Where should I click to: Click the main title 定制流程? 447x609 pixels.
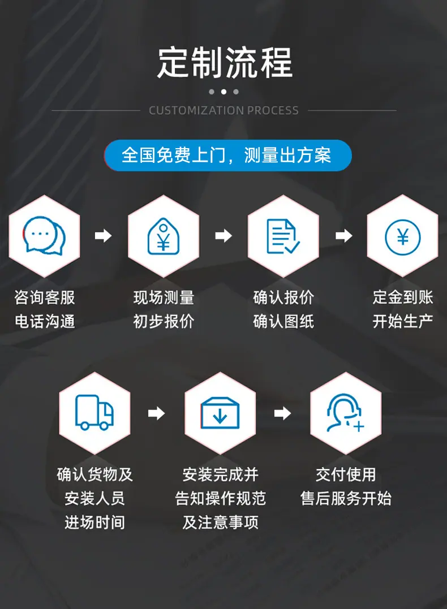coord(225,63)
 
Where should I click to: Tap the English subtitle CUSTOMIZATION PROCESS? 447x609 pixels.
coord(224,111)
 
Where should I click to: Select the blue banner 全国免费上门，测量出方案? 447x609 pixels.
coord(228,156)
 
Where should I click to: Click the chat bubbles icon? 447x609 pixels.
coord(44,235)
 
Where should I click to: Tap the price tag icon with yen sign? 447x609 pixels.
coord(164,236)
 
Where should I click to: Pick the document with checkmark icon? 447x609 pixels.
coord(283,236)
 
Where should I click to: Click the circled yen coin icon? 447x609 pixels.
coord(403,236)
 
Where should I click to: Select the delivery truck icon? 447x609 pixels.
coord(94,412)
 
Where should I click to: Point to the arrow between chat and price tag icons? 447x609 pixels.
coord(104,235)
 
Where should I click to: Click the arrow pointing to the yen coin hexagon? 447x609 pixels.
coord(344,235)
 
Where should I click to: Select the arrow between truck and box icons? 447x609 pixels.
coord(157,413)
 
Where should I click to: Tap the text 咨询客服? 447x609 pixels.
coord(45,297)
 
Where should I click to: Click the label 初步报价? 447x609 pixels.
coord(164,322)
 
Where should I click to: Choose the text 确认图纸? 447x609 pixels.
coord(283,322)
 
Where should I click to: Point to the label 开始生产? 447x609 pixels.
coord(403,321)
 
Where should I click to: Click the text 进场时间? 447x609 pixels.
coord(95,522)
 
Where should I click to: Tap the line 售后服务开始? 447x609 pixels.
coord(346,498)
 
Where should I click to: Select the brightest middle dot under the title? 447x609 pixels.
coord(223,92)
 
